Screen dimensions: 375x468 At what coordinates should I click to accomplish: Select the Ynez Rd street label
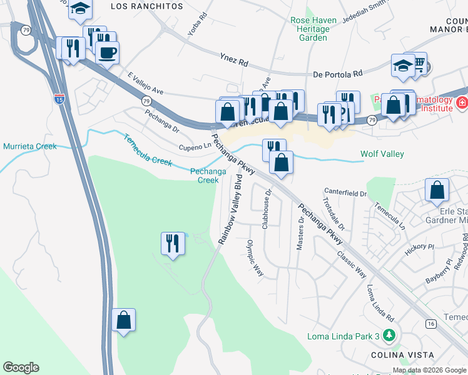click(234, 62)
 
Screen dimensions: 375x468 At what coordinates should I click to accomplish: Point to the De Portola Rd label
click(338, 74)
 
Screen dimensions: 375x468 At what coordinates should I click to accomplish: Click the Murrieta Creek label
click(29, 146)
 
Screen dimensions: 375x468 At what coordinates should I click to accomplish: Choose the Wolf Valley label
click(382, 154)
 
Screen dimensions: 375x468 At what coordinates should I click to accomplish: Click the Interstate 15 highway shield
click(58, 99)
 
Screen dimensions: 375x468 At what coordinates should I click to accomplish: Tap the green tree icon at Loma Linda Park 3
click(390, 336)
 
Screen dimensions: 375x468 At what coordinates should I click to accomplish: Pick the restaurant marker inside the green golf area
click(173, 242)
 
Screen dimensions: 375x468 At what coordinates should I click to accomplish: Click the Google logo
click(21, 367)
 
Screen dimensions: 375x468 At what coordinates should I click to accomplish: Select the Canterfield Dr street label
click(345, 194)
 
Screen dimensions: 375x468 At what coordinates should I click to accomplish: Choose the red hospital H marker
click(461, 102)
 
